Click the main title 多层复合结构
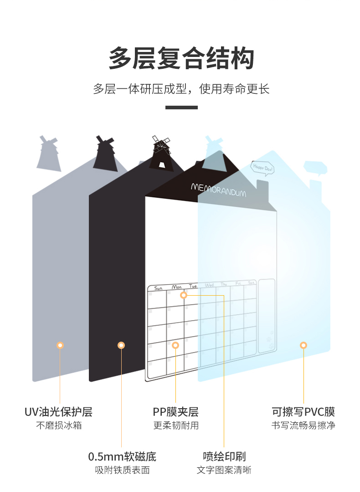181,58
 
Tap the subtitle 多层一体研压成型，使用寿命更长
181,88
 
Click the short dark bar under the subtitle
181,108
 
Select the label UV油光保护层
59,412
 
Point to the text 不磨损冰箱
59,425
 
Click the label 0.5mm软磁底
122,456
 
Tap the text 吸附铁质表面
122,470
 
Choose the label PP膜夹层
176,412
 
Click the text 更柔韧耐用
176,425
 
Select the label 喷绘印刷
224,456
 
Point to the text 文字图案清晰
224,470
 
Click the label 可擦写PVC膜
303,412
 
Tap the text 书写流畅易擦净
303,425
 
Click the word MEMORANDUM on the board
218,190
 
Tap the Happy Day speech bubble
263,168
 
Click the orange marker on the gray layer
60,345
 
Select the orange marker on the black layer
121,345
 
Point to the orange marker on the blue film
303,345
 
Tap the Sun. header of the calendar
158,288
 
